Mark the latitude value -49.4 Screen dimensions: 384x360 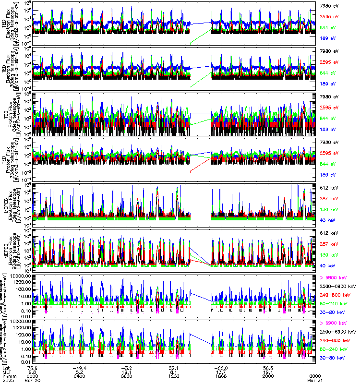pos(80,367)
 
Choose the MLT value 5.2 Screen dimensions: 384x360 pos(80,372)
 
